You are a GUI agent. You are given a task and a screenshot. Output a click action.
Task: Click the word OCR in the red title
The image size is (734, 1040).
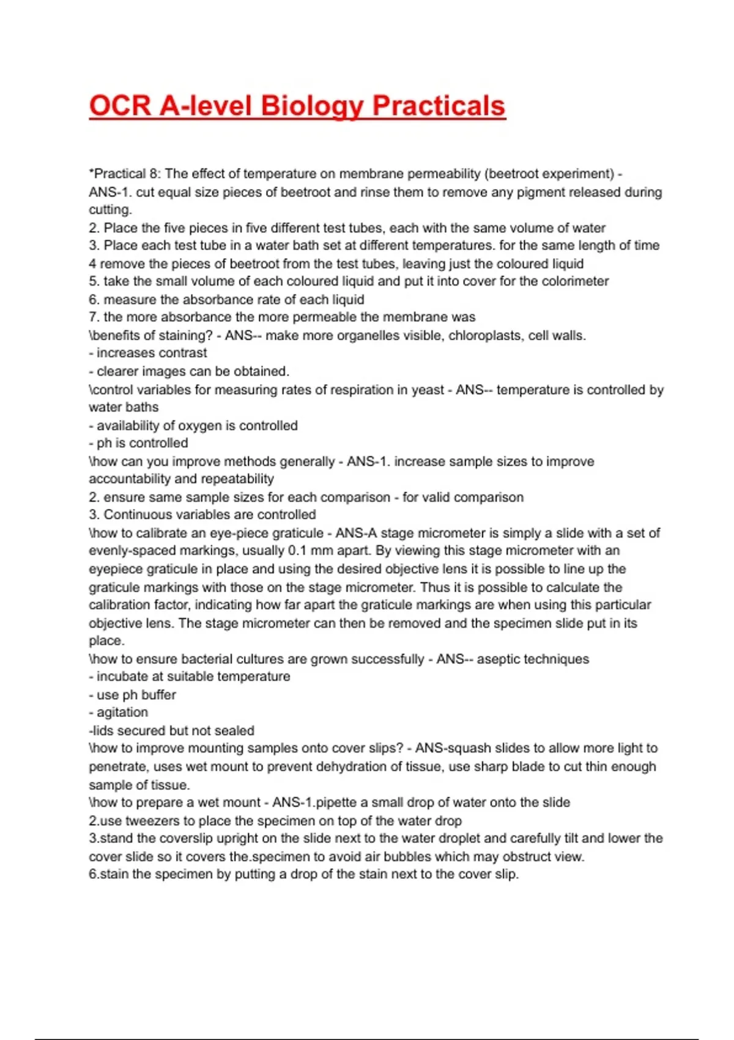[120, 106]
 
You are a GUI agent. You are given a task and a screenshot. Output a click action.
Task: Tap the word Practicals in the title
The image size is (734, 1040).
[439, 106]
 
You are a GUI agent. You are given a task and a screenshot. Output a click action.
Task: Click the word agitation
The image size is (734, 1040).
[122, 713]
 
